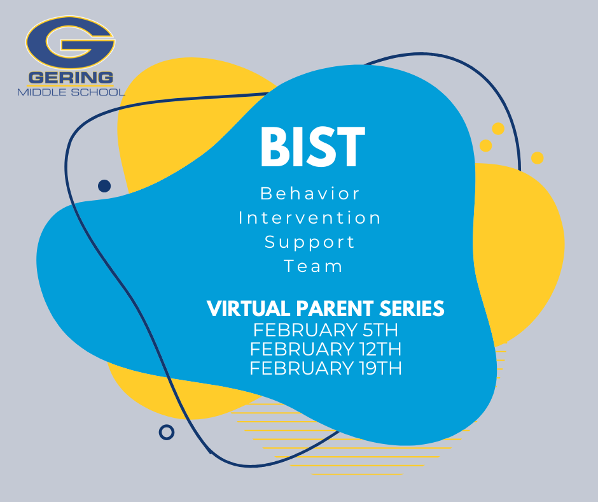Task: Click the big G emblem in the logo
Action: [70, 44]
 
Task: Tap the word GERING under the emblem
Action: [71, 78]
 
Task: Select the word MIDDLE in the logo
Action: [39, 92]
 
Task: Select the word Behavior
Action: [310, 192]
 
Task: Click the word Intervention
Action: [310, 217]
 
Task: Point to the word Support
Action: [310, 242]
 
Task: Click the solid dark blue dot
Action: [104, 186]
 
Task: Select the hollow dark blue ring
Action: [167, 432]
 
